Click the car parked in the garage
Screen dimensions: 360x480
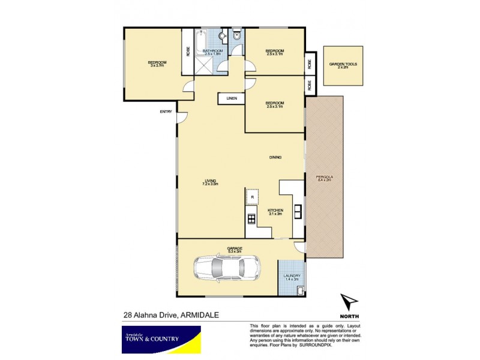[226, 267]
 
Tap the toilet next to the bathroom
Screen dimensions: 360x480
[238, 37]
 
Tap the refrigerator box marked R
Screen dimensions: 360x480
[252, 197]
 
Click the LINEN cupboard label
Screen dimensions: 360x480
[232, 98]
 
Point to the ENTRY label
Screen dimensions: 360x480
[166, 112]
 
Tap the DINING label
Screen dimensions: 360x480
[275, 157]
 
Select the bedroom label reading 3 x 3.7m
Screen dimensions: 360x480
[157, 64]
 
